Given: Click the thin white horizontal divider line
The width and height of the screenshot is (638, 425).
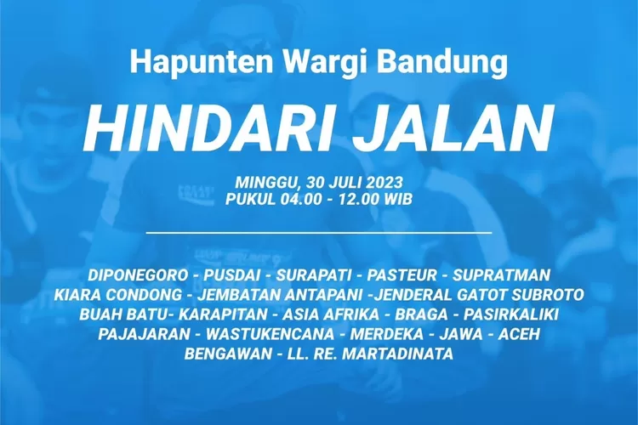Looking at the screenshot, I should click(319, 232).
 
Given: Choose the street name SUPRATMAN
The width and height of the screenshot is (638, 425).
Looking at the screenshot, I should click(501, 275).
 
